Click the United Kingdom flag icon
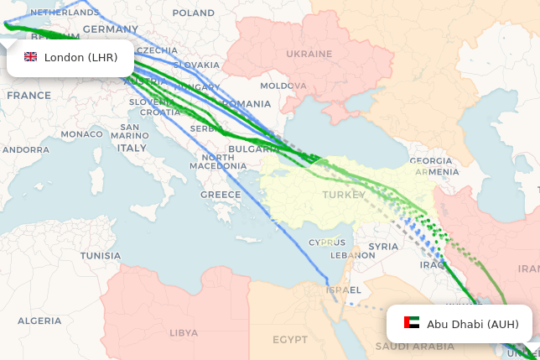click(x=31, y=57)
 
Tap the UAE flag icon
click(x=412, y=323)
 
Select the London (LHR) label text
click(x=80, y=58)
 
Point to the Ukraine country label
click(x=309, y=53)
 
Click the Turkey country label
click(x=344, y=196)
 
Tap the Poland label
click(x=193, y=13)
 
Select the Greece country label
click(x=221, y=195)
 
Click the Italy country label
click(x=131, y=148)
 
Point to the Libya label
click(x=184, y=332)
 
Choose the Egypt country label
click(x=290, y=340)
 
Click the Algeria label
click(x=39, y=321)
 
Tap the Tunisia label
click(x=101, y=255)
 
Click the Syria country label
click(x=383, y=247)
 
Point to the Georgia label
click(x=431, y=161)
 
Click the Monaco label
click(x=81, y=134)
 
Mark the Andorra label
click(x=26, y=149)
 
